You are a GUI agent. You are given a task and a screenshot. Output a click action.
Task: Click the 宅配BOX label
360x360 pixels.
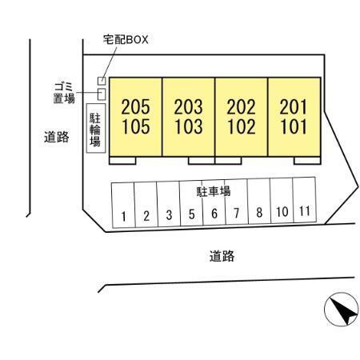(x=126, y=40)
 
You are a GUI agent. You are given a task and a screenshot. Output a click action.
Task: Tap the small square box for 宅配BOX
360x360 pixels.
(x=102, y=81)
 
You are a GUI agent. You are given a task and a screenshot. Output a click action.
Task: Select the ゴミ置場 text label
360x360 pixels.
(x=64, y=93)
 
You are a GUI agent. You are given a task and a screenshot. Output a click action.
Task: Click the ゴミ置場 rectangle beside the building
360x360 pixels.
(x=102, y=94)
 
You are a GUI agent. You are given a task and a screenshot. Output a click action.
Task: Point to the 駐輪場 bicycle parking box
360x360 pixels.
(x=96, y=128)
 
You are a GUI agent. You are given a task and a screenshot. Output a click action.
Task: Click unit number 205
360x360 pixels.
(x=135, y=107)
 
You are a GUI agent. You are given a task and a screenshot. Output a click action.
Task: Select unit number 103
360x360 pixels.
(x=189, y=126)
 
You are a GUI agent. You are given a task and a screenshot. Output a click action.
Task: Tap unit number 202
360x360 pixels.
(x=242, y=107)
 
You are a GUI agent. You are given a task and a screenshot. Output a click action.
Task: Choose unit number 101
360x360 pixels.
(x=294, y=126)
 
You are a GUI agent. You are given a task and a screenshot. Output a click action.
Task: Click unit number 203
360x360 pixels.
(x=189, y=107)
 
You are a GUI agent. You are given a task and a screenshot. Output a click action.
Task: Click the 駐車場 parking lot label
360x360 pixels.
(x=214, y=191)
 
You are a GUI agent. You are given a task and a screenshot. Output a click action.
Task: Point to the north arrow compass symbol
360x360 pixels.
(x=341, y=310)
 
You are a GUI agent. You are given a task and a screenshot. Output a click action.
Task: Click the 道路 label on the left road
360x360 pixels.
(x=57, y=137)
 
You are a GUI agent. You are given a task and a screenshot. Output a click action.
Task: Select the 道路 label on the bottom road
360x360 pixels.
(x=222, y=256)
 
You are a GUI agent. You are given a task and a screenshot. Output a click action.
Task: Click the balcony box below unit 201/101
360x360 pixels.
(x=307, y=161)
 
